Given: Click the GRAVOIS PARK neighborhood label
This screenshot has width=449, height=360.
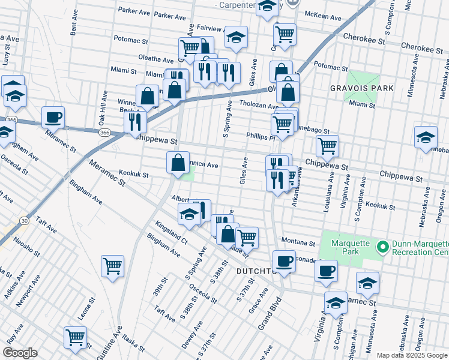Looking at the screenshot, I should click(x=362, y=88).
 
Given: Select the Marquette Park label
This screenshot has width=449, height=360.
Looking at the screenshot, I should click(x=344, y=247).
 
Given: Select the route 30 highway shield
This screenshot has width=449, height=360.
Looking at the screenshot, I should click(x=23, y=221).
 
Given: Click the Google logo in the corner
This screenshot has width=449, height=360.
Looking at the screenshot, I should click(x=20, y=352).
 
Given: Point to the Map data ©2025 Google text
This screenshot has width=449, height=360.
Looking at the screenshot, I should click(x=412, y=355).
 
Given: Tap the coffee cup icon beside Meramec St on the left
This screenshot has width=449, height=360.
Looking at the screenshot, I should click(x=53, y=117).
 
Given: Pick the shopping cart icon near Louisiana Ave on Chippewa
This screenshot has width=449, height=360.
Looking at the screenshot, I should click(x=327, y=145).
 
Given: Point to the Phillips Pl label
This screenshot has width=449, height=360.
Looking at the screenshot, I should click(x=260, y=136).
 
